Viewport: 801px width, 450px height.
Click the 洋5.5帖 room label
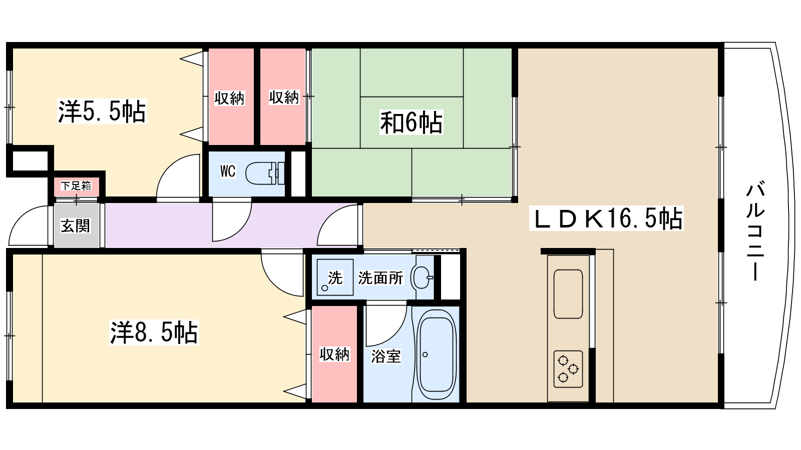102,111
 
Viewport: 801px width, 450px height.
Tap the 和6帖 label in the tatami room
411,122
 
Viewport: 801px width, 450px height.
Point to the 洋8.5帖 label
154,332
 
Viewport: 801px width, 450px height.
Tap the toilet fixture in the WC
264,173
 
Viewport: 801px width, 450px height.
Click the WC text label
228,171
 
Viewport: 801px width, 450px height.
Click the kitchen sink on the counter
568,294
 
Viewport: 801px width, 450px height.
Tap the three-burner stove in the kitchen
568,369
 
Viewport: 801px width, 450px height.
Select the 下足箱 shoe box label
76,186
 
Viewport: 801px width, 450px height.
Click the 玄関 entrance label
76,226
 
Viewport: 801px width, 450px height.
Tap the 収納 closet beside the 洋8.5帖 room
334,354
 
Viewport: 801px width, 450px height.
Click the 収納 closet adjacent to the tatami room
283,97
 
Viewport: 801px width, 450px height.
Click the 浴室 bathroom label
385,356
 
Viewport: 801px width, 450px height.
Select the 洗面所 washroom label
380,278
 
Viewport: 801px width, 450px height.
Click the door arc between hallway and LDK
338,227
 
